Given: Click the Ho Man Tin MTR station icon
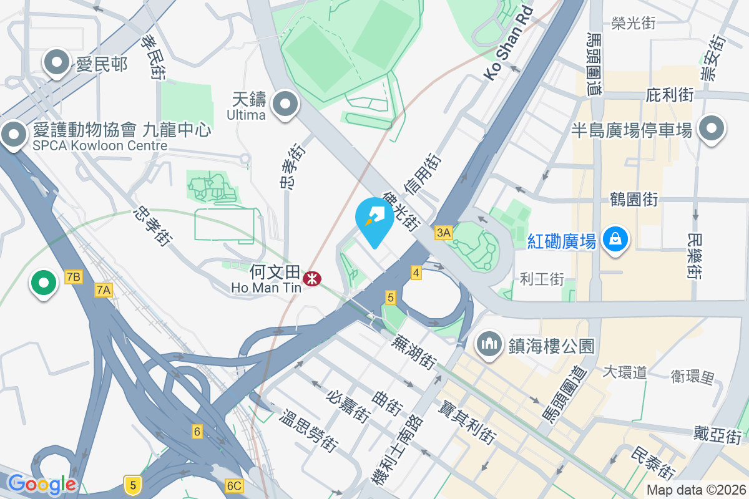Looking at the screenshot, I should click(x=310, y=278).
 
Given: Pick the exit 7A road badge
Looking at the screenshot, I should click(x=104, y=289).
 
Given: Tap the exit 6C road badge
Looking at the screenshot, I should click(x=234, y=485).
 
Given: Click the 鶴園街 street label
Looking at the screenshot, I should click(x=634, y=200).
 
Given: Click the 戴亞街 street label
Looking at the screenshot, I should click(x=717, y=434).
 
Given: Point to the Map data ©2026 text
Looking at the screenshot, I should click(x=695, y=490).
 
